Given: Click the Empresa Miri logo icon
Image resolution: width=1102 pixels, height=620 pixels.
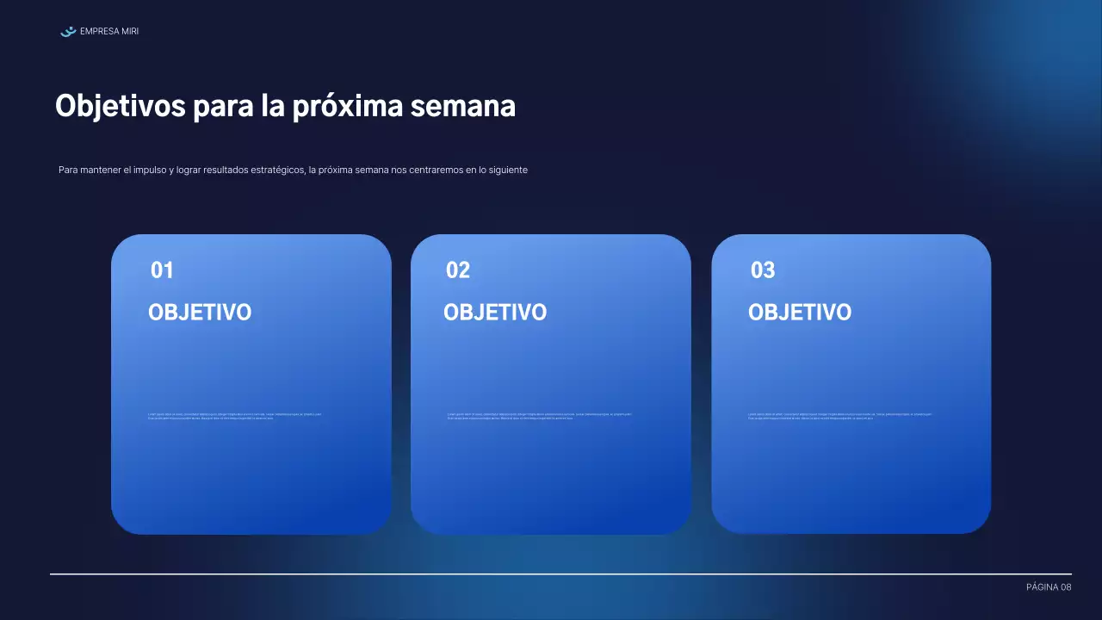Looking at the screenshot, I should click(68, 32).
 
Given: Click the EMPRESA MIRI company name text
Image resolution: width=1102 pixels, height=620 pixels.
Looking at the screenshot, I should click(108, 32).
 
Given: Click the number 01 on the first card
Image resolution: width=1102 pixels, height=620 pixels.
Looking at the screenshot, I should click(162, 270).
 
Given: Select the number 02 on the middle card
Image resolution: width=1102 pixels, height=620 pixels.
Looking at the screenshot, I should click(458, 270).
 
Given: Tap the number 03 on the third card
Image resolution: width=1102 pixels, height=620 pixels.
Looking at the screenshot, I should click(763, 270).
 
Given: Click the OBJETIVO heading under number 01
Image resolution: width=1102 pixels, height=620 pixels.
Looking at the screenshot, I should click(200, 313).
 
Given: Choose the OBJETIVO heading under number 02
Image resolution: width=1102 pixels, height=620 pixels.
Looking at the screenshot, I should click(495, 313).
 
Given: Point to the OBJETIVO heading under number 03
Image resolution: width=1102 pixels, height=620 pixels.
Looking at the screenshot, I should click(800, 313).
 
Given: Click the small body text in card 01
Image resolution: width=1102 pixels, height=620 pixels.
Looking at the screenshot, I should click(234, 416).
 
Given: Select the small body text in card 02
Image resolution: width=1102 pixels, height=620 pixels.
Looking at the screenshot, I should click(539, 416).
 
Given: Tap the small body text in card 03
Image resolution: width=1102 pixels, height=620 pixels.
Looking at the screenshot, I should click(839, 416).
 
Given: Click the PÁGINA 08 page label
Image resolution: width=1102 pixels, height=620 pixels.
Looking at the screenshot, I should click(1049, 587).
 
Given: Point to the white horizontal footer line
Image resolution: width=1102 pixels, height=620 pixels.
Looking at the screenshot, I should click(560, 573).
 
